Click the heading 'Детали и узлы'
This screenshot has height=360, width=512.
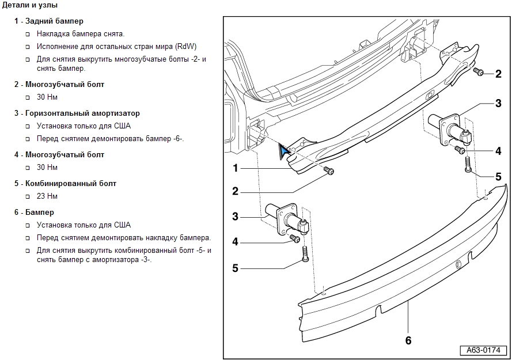(x=30, y=5)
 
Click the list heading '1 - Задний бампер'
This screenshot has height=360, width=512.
(x=49, y=21)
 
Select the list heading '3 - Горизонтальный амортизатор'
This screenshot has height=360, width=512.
(x=77, y=113)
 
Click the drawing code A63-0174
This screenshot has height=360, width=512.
(x=483, y=350)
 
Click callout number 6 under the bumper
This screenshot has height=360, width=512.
(x=408, y=340)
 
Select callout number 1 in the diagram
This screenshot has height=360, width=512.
(x=236, y=168)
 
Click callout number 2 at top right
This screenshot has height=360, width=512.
(x=498, y=74)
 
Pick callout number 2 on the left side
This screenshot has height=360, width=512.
(x=236, y=191)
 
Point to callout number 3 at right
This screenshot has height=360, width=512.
(x=498, y=104)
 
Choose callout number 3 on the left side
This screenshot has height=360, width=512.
(x=236, y=217)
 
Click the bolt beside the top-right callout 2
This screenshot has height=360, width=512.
(x=478, y=71)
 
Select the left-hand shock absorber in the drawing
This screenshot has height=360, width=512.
(x=288, y=219)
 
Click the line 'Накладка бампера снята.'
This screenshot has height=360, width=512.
(x=80, y=34)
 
